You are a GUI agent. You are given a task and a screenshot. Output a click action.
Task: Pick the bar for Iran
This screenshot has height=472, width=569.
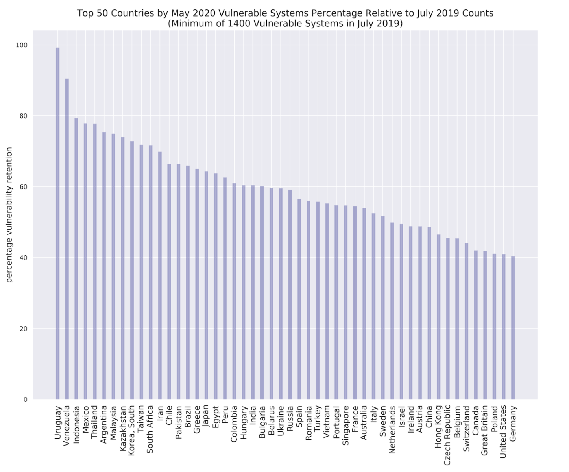[160, 275]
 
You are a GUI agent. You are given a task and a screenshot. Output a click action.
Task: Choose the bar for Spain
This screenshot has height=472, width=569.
[299, 299]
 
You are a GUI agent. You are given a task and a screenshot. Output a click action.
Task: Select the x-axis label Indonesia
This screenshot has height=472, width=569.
[76, 425]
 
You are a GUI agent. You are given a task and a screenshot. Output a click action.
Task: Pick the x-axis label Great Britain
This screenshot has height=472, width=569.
[485, 431]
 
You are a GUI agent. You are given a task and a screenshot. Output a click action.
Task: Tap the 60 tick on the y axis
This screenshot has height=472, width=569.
[23, 187]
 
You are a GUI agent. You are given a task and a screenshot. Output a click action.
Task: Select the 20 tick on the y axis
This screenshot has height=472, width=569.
[23, 329]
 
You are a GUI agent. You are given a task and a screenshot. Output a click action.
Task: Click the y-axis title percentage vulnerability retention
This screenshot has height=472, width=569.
[9, 215]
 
